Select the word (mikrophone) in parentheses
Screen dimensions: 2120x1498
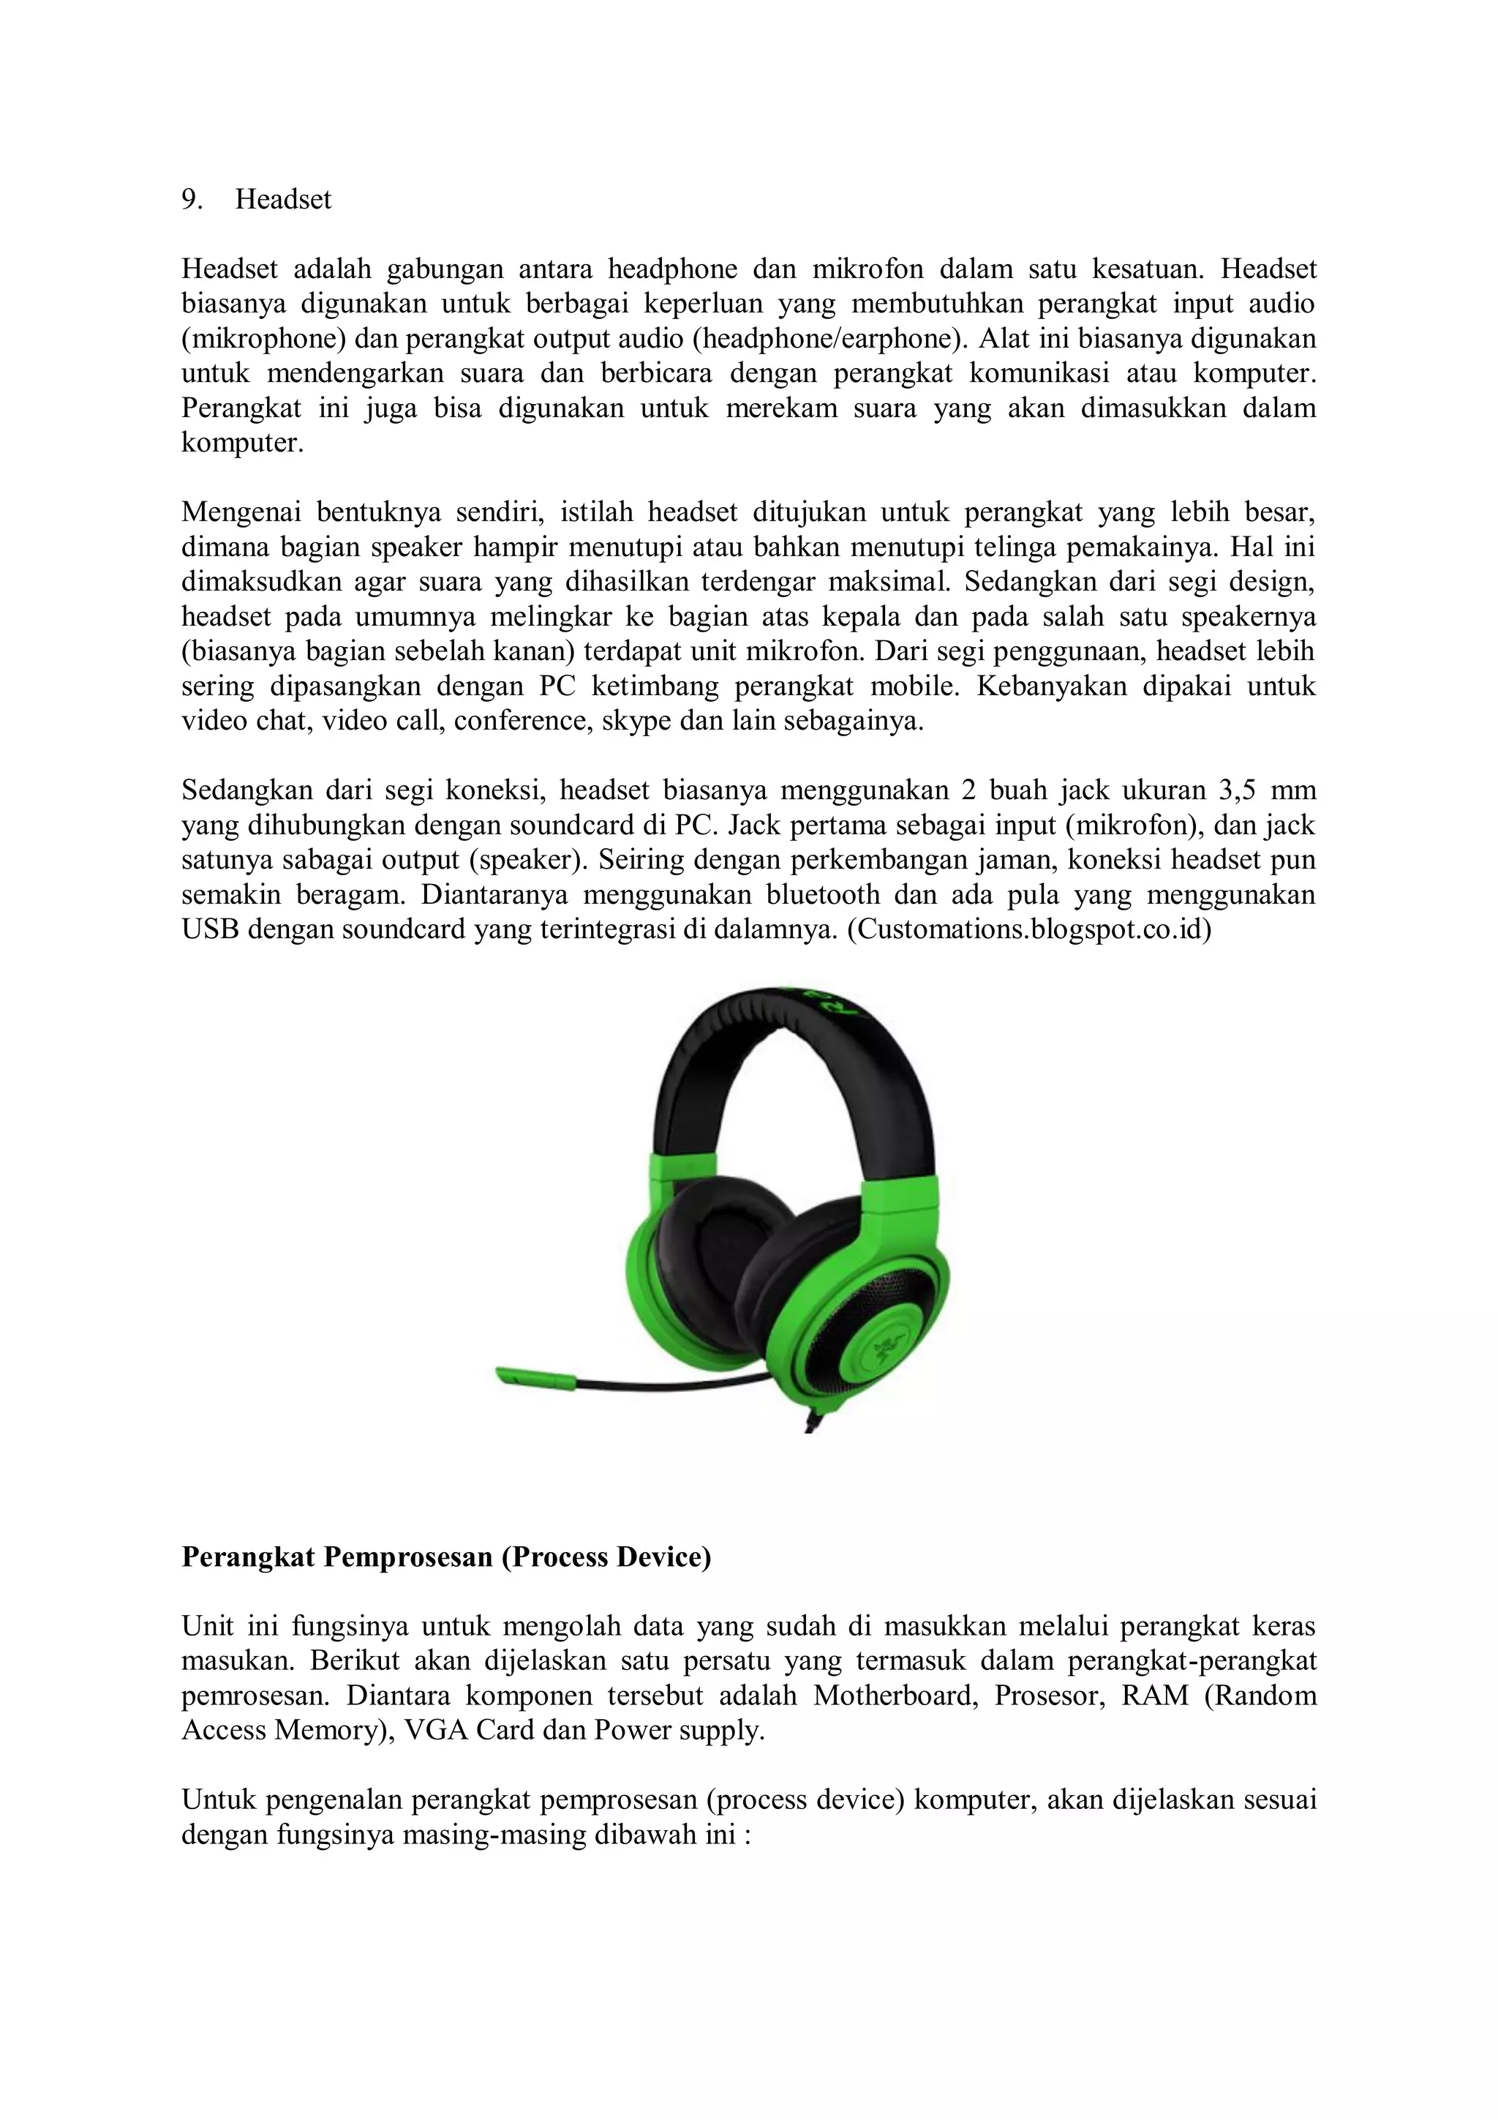pos(263,339)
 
